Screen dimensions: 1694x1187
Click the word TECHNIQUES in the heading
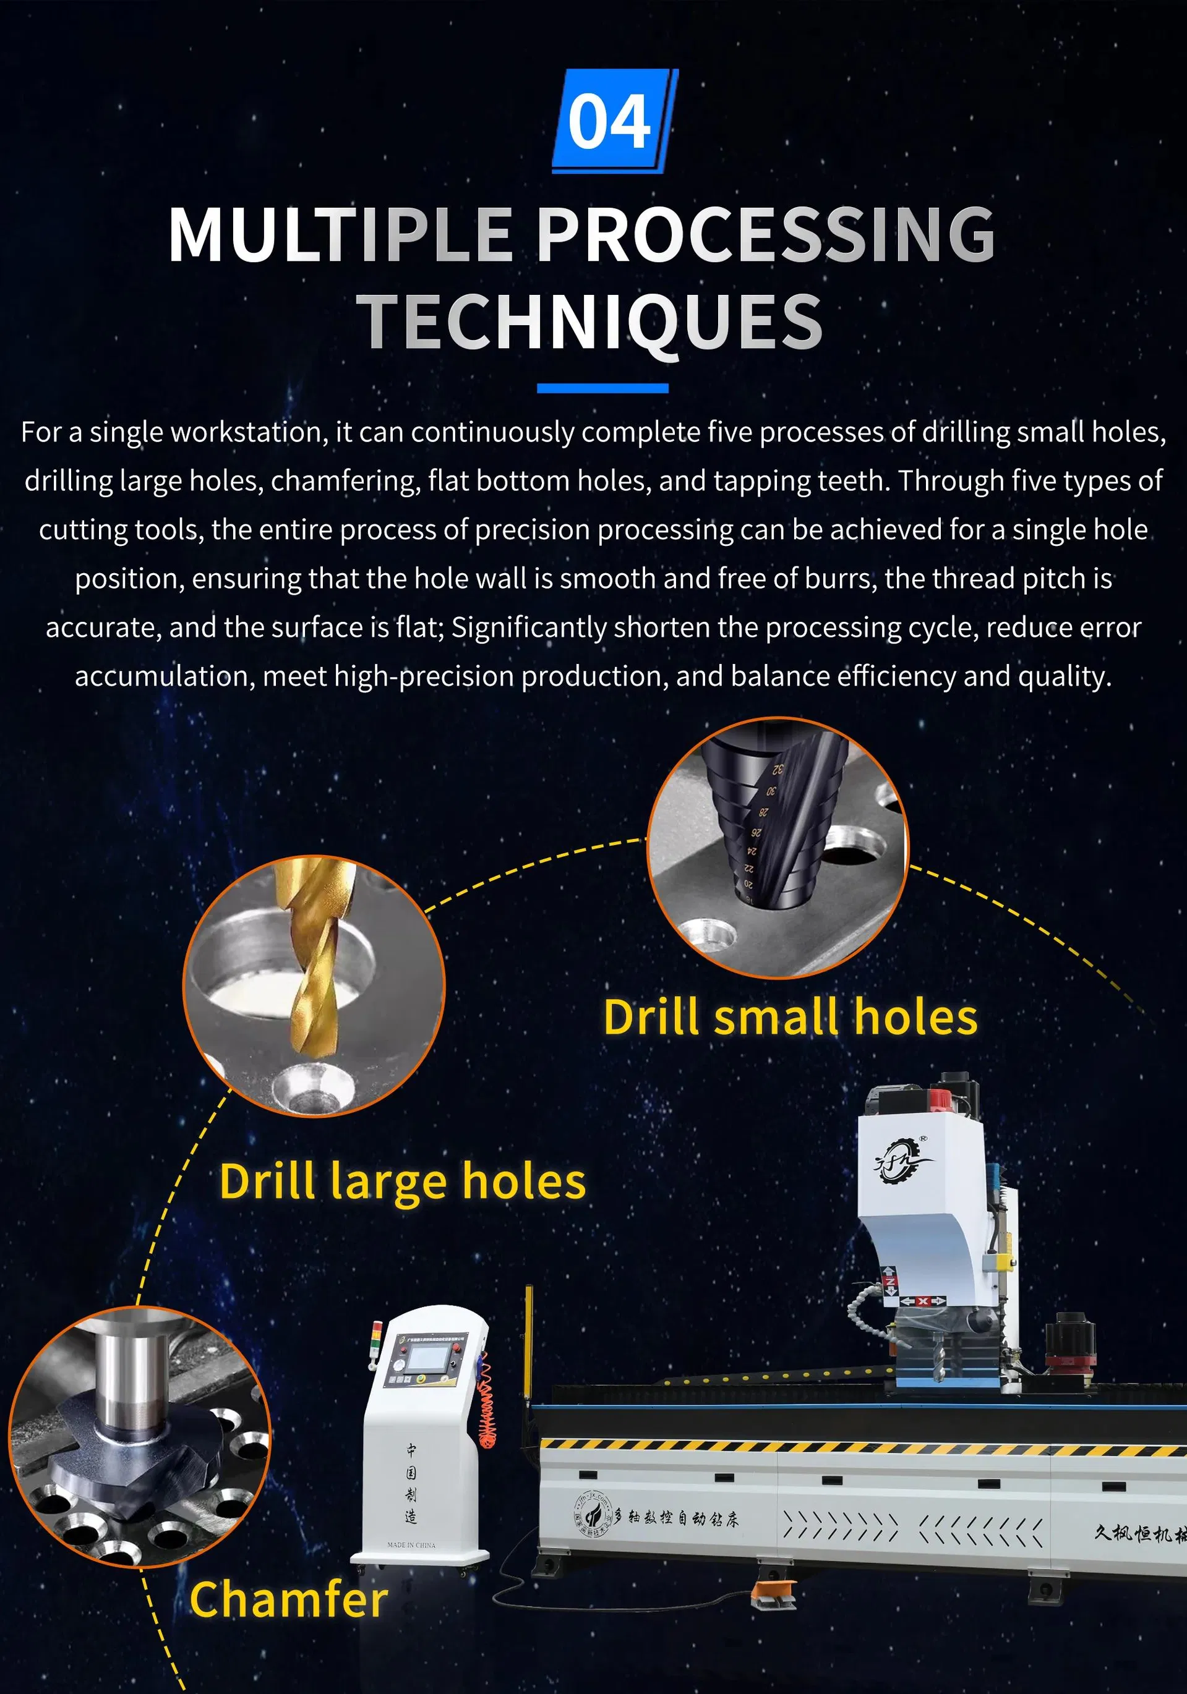click(591, 321)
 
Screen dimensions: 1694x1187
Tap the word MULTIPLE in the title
click(340, 234)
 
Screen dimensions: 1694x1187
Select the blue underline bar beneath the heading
click(602, 388)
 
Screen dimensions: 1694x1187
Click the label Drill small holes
click(790, 1018)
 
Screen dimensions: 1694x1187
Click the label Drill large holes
click(402, 1181)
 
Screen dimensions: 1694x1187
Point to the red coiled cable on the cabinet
click(487, 1409)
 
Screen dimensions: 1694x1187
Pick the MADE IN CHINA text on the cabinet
click(411, 1544)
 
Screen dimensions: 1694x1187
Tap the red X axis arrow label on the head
click(922, 1301)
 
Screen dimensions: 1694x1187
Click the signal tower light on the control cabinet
click(378, 1337)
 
